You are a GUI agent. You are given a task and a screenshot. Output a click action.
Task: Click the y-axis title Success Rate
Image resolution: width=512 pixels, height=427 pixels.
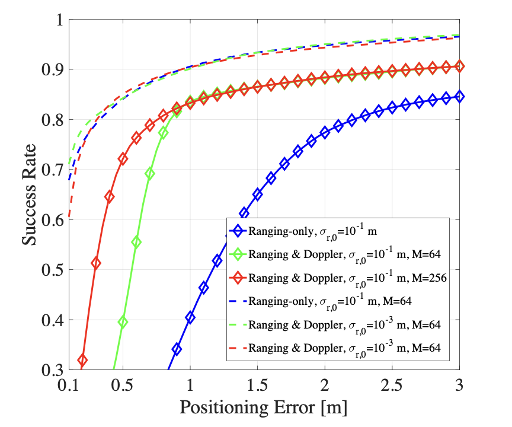pos(30,195)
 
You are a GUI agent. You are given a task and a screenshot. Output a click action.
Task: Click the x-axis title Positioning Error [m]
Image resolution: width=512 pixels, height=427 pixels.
pos(263,407)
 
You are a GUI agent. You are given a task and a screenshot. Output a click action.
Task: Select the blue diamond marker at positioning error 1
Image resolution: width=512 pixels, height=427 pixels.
pos(190,317)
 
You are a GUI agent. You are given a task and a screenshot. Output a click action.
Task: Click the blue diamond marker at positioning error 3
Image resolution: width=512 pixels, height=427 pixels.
pos(459,96)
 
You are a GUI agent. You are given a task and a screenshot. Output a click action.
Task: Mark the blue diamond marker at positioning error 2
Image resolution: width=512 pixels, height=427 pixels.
pos(324,132)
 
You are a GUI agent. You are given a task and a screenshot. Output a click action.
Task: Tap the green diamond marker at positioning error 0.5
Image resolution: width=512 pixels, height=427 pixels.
pos(123,322)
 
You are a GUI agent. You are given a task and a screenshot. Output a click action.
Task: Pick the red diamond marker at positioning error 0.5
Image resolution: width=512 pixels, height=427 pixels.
pos(123,159)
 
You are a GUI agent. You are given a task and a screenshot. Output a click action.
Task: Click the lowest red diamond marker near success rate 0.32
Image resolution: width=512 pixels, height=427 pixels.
pos(82,360)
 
